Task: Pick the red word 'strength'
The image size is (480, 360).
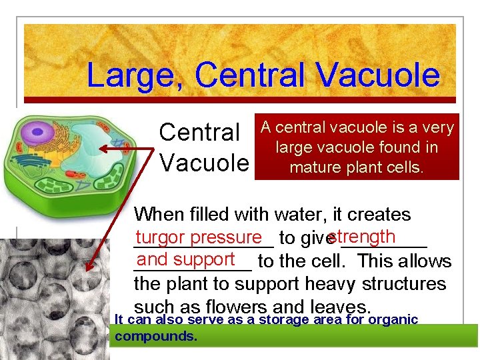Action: coord(363,237)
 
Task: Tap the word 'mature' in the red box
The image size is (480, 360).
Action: coord(313,167)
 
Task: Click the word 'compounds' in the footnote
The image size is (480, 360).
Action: coord(155,337)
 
